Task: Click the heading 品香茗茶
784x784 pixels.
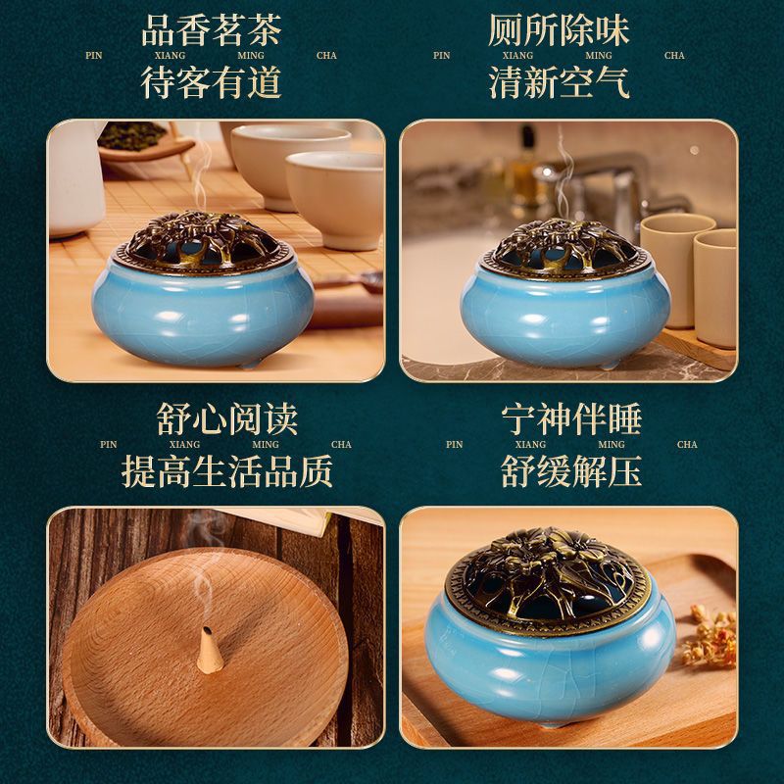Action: coord(212,30)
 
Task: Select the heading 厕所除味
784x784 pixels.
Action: coord(559,30)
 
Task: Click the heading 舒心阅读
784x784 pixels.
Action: coord(227,419)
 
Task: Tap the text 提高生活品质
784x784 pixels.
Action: coord(227,471)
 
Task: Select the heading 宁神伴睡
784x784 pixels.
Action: coord(571,419)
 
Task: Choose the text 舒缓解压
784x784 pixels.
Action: coord(571,471)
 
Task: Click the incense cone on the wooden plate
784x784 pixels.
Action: coord(210,650)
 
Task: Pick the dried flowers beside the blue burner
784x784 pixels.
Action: coord(710,636)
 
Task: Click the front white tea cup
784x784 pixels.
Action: coord(334,199)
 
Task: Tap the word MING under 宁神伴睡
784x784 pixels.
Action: coord(612,445)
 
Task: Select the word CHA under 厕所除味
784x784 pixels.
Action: coord(674,56)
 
